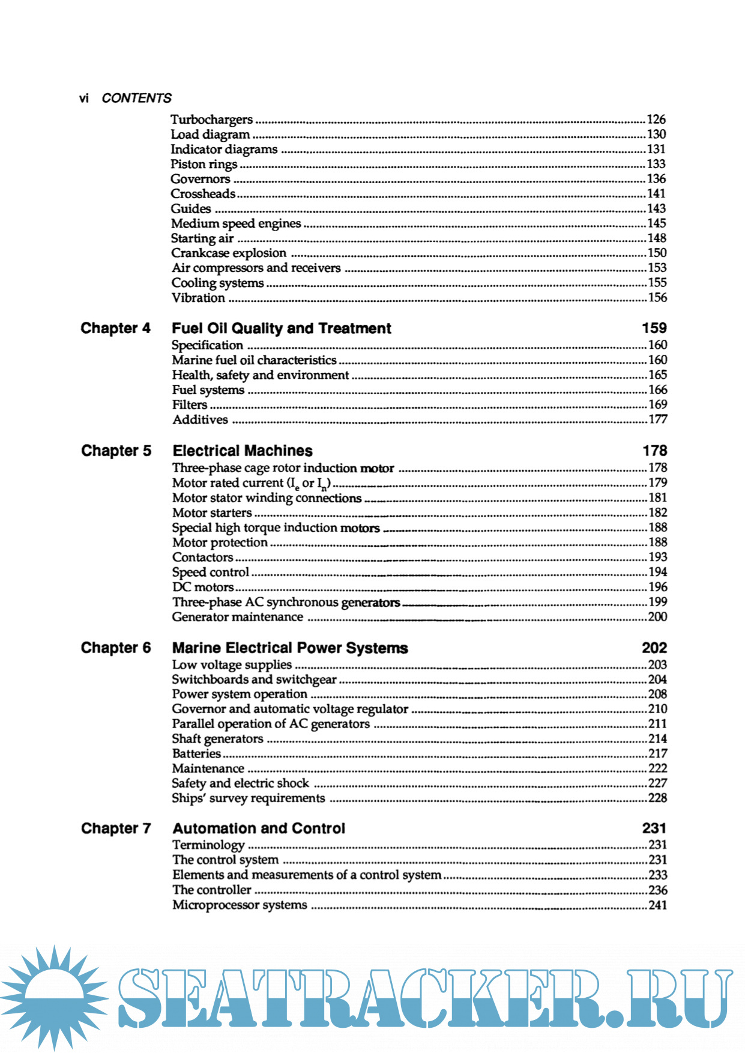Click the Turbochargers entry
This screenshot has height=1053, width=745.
click(211, 119)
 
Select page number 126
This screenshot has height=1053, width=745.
click(656, 119)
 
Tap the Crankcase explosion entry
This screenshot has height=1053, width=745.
click(229, 253)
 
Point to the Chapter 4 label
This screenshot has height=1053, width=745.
click(115, 328)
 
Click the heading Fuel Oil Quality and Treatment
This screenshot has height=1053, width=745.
click(281, 328)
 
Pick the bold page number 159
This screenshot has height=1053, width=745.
click(654, 328)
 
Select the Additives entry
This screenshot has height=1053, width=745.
click(200, 420)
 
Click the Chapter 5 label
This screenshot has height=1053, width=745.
click(116, 451)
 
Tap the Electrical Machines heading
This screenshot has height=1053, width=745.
click(243, 451)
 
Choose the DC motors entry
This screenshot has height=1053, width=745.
click(203, 587)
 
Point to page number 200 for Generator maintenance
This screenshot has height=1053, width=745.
click(657, 617)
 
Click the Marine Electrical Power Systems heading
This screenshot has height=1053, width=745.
click(290, 648)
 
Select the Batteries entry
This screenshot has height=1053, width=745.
click(196, 754)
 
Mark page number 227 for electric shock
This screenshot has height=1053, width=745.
click(657, 783)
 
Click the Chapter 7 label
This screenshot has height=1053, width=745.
click(116, 828)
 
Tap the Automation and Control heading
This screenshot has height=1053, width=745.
click(259, 828)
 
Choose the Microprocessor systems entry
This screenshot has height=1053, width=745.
click(240, 905)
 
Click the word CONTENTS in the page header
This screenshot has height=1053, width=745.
click(136, 98)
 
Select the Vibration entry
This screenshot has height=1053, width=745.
click(198, 298)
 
